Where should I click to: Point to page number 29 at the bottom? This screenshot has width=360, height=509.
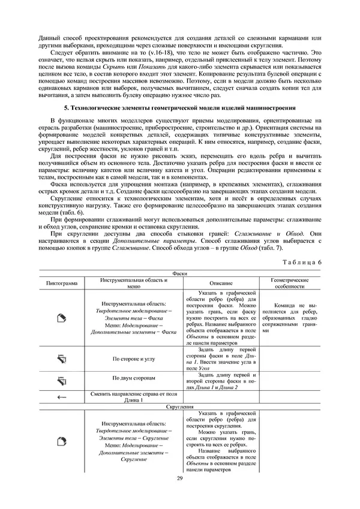pyautogui.click(x=179, y=477)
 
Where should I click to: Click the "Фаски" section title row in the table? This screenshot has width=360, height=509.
pyautogui.click(x=179, y=273)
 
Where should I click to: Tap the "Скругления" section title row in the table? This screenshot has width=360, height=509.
pyautogui.click(x=179, y=406)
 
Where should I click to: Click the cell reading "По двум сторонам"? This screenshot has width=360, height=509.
pyautogui.click(x=134, y=380)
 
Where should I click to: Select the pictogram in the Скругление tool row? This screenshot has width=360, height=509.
pyautogui.click(x=60, y=442)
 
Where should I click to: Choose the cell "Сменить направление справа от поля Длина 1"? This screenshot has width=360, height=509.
pyautogui.click(x=134, y=397)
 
